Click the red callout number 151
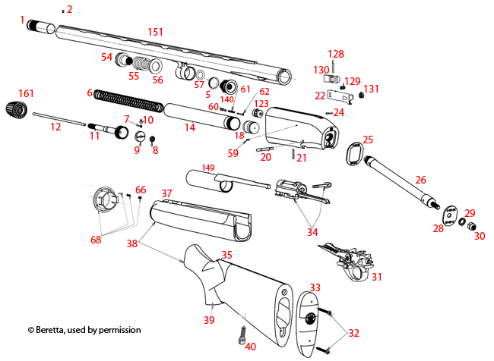tap(155, 33)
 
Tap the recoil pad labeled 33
tap(307, 319)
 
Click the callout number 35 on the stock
tap(226, 256)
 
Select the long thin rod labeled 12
tap(61, 119)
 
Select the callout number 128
tap(335, 54)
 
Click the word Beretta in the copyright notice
tap(54, 331)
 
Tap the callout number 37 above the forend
tap(166, 193)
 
